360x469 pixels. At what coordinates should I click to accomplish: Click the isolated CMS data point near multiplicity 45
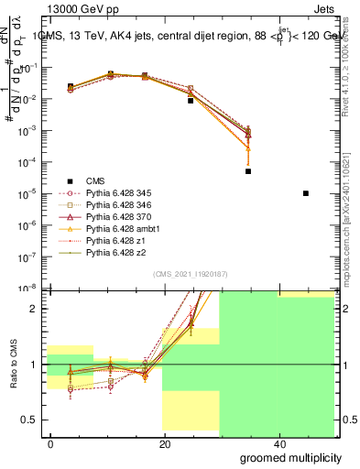tap(305, 193)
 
